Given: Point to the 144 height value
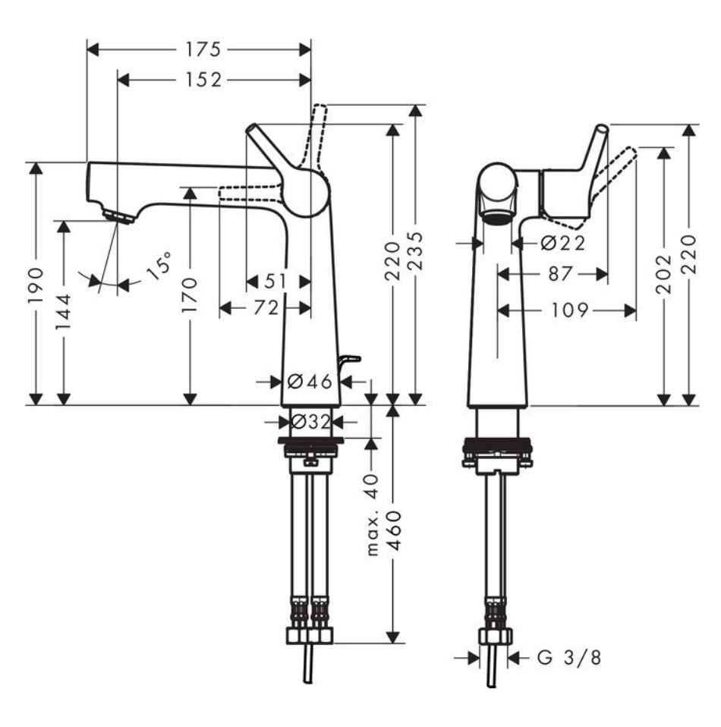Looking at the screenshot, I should pyautogui.click(x=65, y=311).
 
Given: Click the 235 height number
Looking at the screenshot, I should pyautogui.click(x=414, y=254).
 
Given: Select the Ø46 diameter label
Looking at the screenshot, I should pyautogui.click(x=310, y=382).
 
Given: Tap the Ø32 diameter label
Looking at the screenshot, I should pyautogui.click(x=310, y=420).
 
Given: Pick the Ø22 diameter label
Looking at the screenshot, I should pyautogui.click(x=563, y=243).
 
